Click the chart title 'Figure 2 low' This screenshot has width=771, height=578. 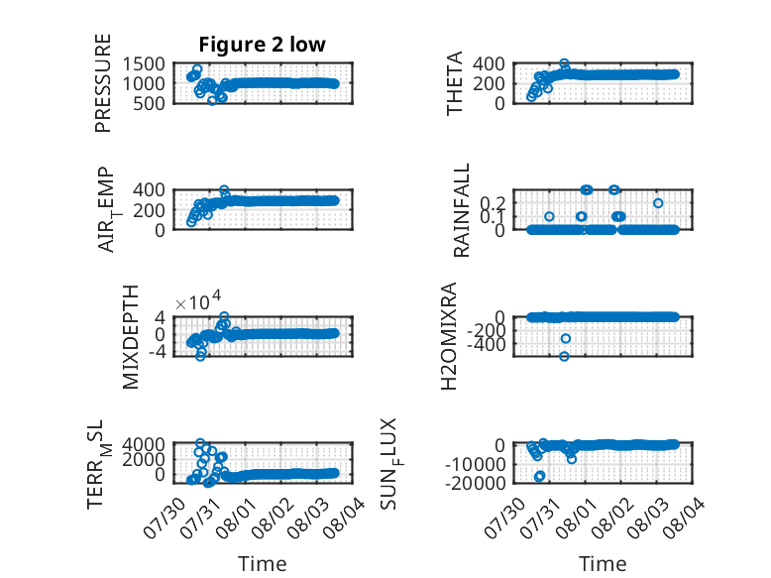(262, 45)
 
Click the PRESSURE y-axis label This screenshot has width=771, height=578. (103, 83)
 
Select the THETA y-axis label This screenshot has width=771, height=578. (455, 83)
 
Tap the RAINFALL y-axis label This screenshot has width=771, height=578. (461, 210)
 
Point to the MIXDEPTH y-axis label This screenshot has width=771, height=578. (130, 337)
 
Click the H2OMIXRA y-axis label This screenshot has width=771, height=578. (449, 336)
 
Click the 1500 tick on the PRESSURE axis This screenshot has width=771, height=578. (144, 64)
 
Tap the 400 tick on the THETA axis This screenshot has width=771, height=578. (489, 64)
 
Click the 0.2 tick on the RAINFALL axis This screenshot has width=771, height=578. (492, 202)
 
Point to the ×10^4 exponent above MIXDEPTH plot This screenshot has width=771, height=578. (198, 301)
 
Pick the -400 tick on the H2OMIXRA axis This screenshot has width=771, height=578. (487, 345)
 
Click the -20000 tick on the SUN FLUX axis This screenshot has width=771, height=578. (476, 483)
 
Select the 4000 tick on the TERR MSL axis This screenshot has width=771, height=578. (144, 445)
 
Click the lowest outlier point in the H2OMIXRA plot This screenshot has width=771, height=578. (564, 356)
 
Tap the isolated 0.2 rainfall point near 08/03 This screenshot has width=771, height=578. (658, 203)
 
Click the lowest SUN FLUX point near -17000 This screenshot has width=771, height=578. (539, 476)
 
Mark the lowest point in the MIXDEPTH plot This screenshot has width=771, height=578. (200, 356)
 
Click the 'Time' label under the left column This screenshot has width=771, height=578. (262, 564)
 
